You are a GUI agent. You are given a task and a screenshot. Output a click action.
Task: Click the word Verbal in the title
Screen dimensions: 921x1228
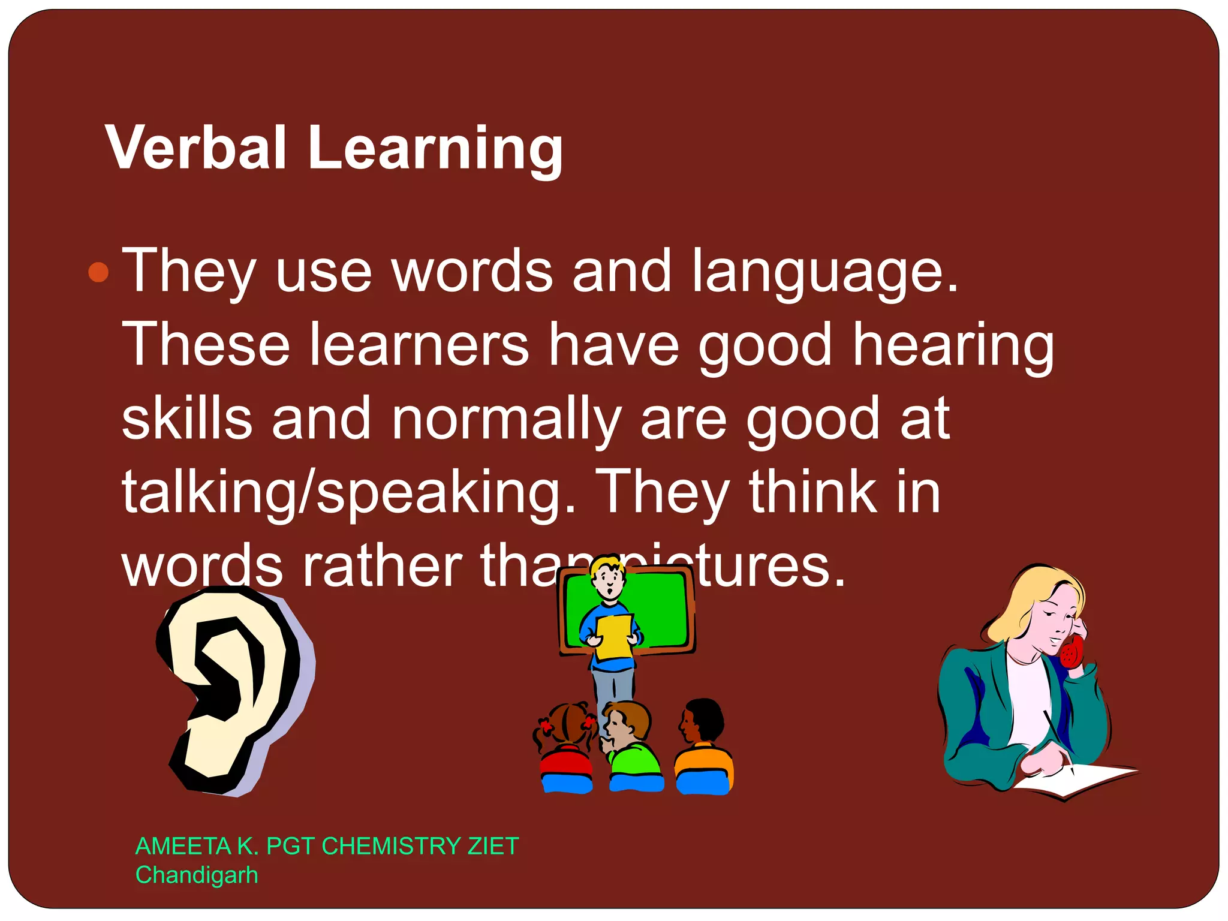(195, 148)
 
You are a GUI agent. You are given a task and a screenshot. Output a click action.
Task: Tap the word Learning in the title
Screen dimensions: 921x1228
(435, 150)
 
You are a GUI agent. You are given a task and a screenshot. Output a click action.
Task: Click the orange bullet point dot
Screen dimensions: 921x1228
(98, 272)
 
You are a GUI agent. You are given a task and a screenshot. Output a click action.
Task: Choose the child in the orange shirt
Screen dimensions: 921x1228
(703, 750)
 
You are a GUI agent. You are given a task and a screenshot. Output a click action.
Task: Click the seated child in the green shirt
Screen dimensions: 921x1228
(633, 750)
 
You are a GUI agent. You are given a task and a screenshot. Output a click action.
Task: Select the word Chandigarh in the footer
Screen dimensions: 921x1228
(197, 875)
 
